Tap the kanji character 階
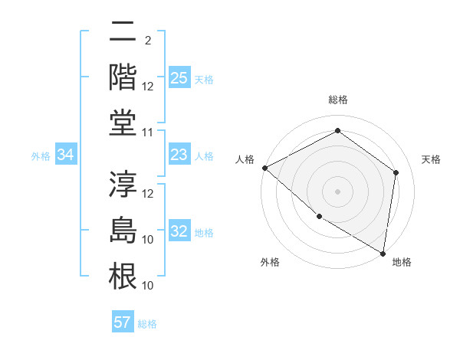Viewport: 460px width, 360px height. [x=123, y=77]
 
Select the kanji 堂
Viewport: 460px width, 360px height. [x=123, y=123]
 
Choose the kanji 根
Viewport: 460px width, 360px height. [x=123, y=277]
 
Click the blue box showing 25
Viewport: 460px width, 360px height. [x=179, y=77]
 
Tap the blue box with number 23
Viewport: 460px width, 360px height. [x=179, y=155]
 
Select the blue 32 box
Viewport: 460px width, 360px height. [x=179, y=231]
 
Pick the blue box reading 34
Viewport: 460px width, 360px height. [x=66, y=155]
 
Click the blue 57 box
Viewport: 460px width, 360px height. [x=123, y=322]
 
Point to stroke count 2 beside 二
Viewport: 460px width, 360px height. [x=147, y=41]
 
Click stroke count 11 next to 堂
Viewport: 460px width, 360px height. [x=148, y=133]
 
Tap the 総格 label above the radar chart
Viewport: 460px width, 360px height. [x=338, y=100]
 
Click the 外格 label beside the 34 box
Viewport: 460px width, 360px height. [x=41, y=156]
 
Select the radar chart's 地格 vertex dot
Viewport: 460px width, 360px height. [x=383, y=253]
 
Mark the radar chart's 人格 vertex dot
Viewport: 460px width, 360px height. [x=264, y=168]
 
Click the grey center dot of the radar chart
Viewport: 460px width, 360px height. [x=338, y=191]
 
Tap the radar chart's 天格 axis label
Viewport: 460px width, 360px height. [x=431, y=159]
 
